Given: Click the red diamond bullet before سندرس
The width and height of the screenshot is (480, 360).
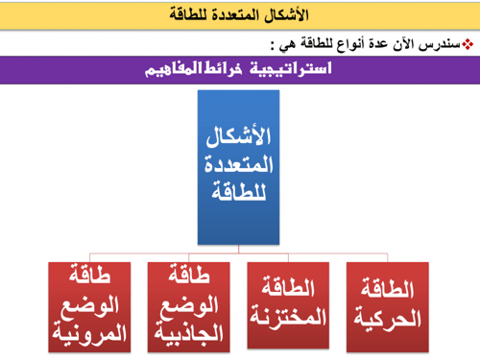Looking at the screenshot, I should point(468,44).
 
